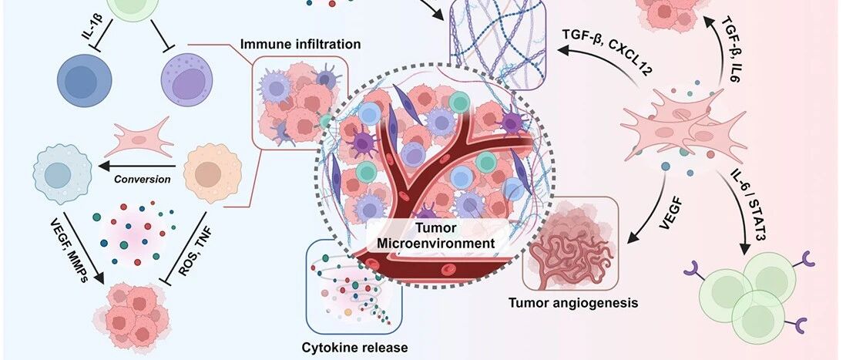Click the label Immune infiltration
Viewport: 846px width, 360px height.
click(300, 44)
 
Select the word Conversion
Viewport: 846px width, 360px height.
click(143, 179)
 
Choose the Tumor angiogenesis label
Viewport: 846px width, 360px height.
click(573, 303)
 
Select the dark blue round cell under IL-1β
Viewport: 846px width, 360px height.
click(84, 80)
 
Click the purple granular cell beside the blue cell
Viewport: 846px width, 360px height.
click(186, 80)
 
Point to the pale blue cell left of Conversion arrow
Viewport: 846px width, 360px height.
click(59, 173)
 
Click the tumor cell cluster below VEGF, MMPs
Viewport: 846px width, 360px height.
click(133, 317)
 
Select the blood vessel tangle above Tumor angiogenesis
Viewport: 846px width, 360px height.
click(571, 246)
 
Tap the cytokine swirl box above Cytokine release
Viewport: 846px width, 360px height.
click(354, 287)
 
